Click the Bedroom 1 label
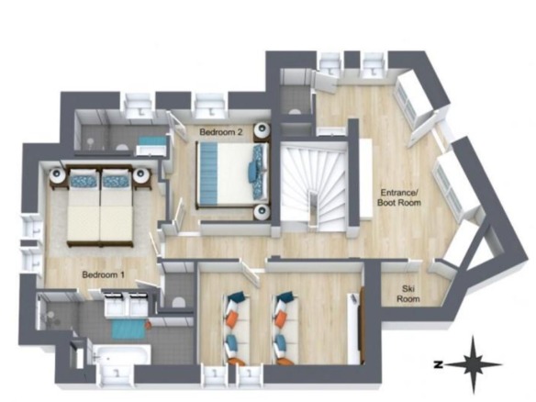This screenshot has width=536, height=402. pos(104,274)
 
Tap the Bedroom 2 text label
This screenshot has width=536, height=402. pos(221,131)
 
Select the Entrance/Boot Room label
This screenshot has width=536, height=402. pos(399,197)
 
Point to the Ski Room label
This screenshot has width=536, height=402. pos(408,294)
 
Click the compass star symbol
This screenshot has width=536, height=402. pos(474,364)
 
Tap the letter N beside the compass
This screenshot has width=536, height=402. pos(437,364)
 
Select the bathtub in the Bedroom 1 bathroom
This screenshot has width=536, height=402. pos(121,354)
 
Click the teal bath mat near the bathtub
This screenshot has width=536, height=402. pos(128,329)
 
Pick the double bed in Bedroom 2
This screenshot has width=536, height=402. pos(232,175)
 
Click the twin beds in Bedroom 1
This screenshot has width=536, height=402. pos(100,205)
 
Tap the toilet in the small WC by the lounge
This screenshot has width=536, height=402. pos(178,302)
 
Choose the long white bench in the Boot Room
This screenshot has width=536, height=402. pos(365,179)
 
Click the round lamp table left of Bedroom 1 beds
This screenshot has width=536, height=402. pos(58,175)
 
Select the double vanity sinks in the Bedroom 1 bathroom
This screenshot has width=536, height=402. pos(127,304)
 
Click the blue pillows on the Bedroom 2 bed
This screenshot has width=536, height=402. pos(259,172)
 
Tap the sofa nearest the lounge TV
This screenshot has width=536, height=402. pos(285,328)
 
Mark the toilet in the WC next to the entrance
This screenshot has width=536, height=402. pos(294,110)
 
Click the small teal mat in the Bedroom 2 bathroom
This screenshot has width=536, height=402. pos(153,140)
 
